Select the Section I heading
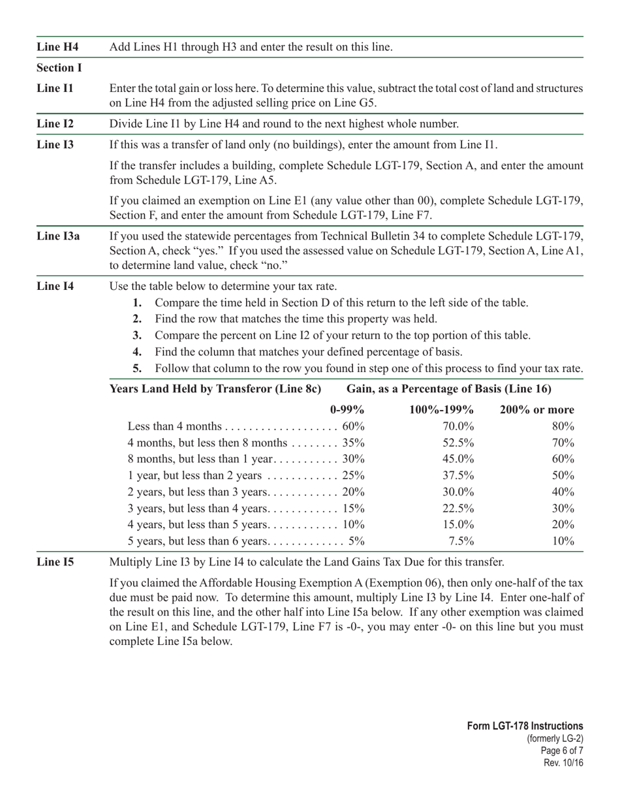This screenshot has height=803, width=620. click(59, 68)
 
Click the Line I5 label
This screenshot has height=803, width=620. click(55, 562)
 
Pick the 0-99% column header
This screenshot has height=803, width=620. click(347, 410)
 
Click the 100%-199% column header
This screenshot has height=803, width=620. click(441, 410)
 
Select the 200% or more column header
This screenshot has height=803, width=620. click(536, 410)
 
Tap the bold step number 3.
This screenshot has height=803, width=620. click(137, 336)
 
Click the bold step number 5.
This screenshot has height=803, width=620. click(137, 368)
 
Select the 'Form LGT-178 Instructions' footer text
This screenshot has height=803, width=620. click(525, 727)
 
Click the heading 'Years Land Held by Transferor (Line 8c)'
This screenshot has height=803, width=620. click(216, 389)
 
